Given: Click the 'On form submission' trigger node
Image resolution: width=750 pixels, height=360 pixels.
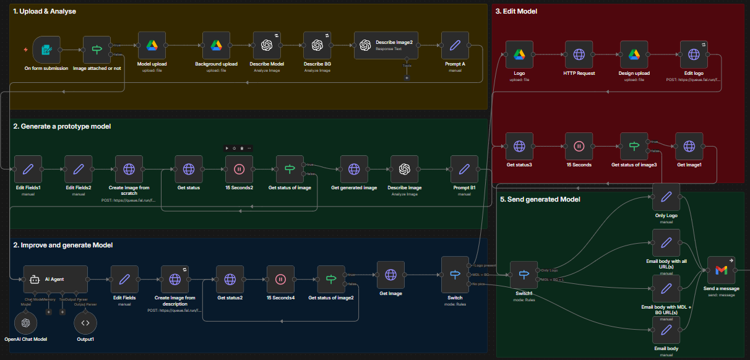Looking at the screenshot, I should pyautogui.click(x=46, y=49).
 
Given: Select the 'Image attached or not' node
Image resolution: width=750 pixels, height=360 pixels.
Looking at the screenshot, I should pyautogui.click(x=97, y=49).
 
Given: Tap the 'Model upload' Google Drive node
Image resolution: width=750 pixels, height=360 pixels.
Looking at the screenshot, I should pyautogui.click(x=152, y=46).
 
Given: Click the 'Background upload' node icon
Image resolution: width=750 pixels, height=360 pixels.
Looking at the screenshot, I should pyautogui.click(x=216, y=46).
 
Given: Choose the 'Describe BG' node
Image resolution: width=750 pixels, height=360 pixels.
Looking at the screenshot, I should pyautogui.click(x=317, y=46).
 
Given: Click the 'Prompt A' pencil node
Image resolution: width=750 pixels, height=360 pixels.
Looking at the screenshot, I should pyautogui.click(x=454, y=46).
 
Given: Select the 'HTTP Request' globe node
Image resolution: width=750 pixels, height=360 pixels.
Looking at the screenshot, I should pyautogui.click(x=579, y=55).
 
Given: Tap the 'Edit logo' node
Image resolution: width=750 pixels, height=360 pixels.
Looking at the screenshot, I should pyautogui.click(x=693, y=55).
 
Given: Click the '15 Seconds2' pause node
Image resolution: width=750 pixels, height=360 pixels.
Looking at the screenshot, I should pyautogui.click(x=239, y=169).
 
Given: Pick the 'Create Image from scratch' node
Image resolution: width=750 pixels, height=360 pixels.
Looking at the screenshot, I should pyautogui.click(x=129, y=169).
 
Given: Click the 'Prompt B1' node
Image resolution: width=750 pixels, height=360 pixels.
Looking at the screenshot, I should pyautogui.click(x=464, y=169).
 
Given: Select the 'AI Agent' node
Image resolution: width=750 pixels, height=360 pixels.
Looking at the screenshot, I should pyautogui.click(x=55, y=279).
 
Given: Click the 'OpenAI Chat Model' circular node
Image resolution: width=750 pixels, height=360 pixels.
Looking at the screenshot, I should pyautogui.click(x=25, y=322).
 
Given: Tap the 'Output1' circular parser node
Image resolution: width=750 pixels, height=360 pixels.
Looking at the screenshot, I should pyautogui.click(x=85, y=322).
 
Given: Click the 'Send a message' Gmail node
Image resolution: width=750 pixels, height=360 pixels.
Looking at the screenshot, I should pyautogui.click(x=721, y=270).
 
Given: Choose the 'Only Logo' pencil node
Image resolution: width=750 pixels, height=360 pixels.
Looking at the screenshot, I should pyautogui.click(x=666, y=197).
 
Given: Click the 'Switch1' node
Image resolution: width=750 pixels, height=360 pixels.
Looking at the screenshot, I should pyautogui.click(x=524, y=275).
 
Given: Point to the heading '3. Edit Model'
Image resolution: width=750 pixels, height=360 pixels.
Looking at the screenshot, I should pyautogui.click(x=516, y=11).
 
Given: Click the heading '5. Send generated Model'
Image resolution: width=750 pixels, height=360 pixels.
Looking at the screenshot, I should pyautogui.click(x=540, y=199).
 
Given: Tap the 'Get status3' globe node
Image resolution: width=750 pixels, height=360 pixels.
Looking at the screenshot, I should pyautogui.click(x=519, y=147).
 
